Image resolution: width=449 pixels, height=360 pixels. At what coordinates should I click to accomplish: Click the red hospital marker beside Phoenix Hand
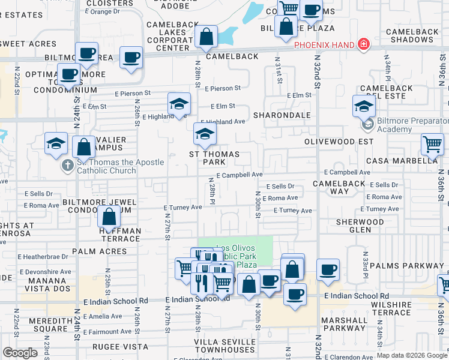pyautogui.click(x=363, y=44)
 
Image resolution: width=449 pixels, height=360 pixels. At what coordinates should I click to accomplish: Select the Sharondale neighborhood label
pyautogui.click(x=282, y=115)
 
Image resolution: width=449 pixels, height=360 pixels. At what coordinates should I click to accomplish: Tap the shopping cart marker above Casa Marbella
pyautogui.click(x=432, y=144)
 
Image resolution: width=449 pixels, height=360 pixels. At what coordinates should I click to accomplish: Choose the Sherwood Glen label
pyautogui.click(x=360, y=226)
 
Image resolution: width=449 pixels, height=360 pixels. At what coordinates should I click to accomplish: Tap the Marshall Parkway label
pyautogui.click(x=343, y=324)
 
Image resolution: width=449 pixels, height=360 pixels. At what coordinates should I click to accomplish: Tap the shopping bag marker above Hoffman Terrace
pyautogui.click(x=110, y=217)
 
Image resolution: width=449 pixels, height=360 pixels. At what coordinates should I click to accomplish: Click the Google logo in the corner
pyautogui.click(x=20, y=353)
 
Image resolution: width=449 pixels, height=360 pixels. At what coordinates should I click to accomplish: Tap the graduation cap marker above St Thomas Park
pyautogui.click(x=205, y=134)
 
